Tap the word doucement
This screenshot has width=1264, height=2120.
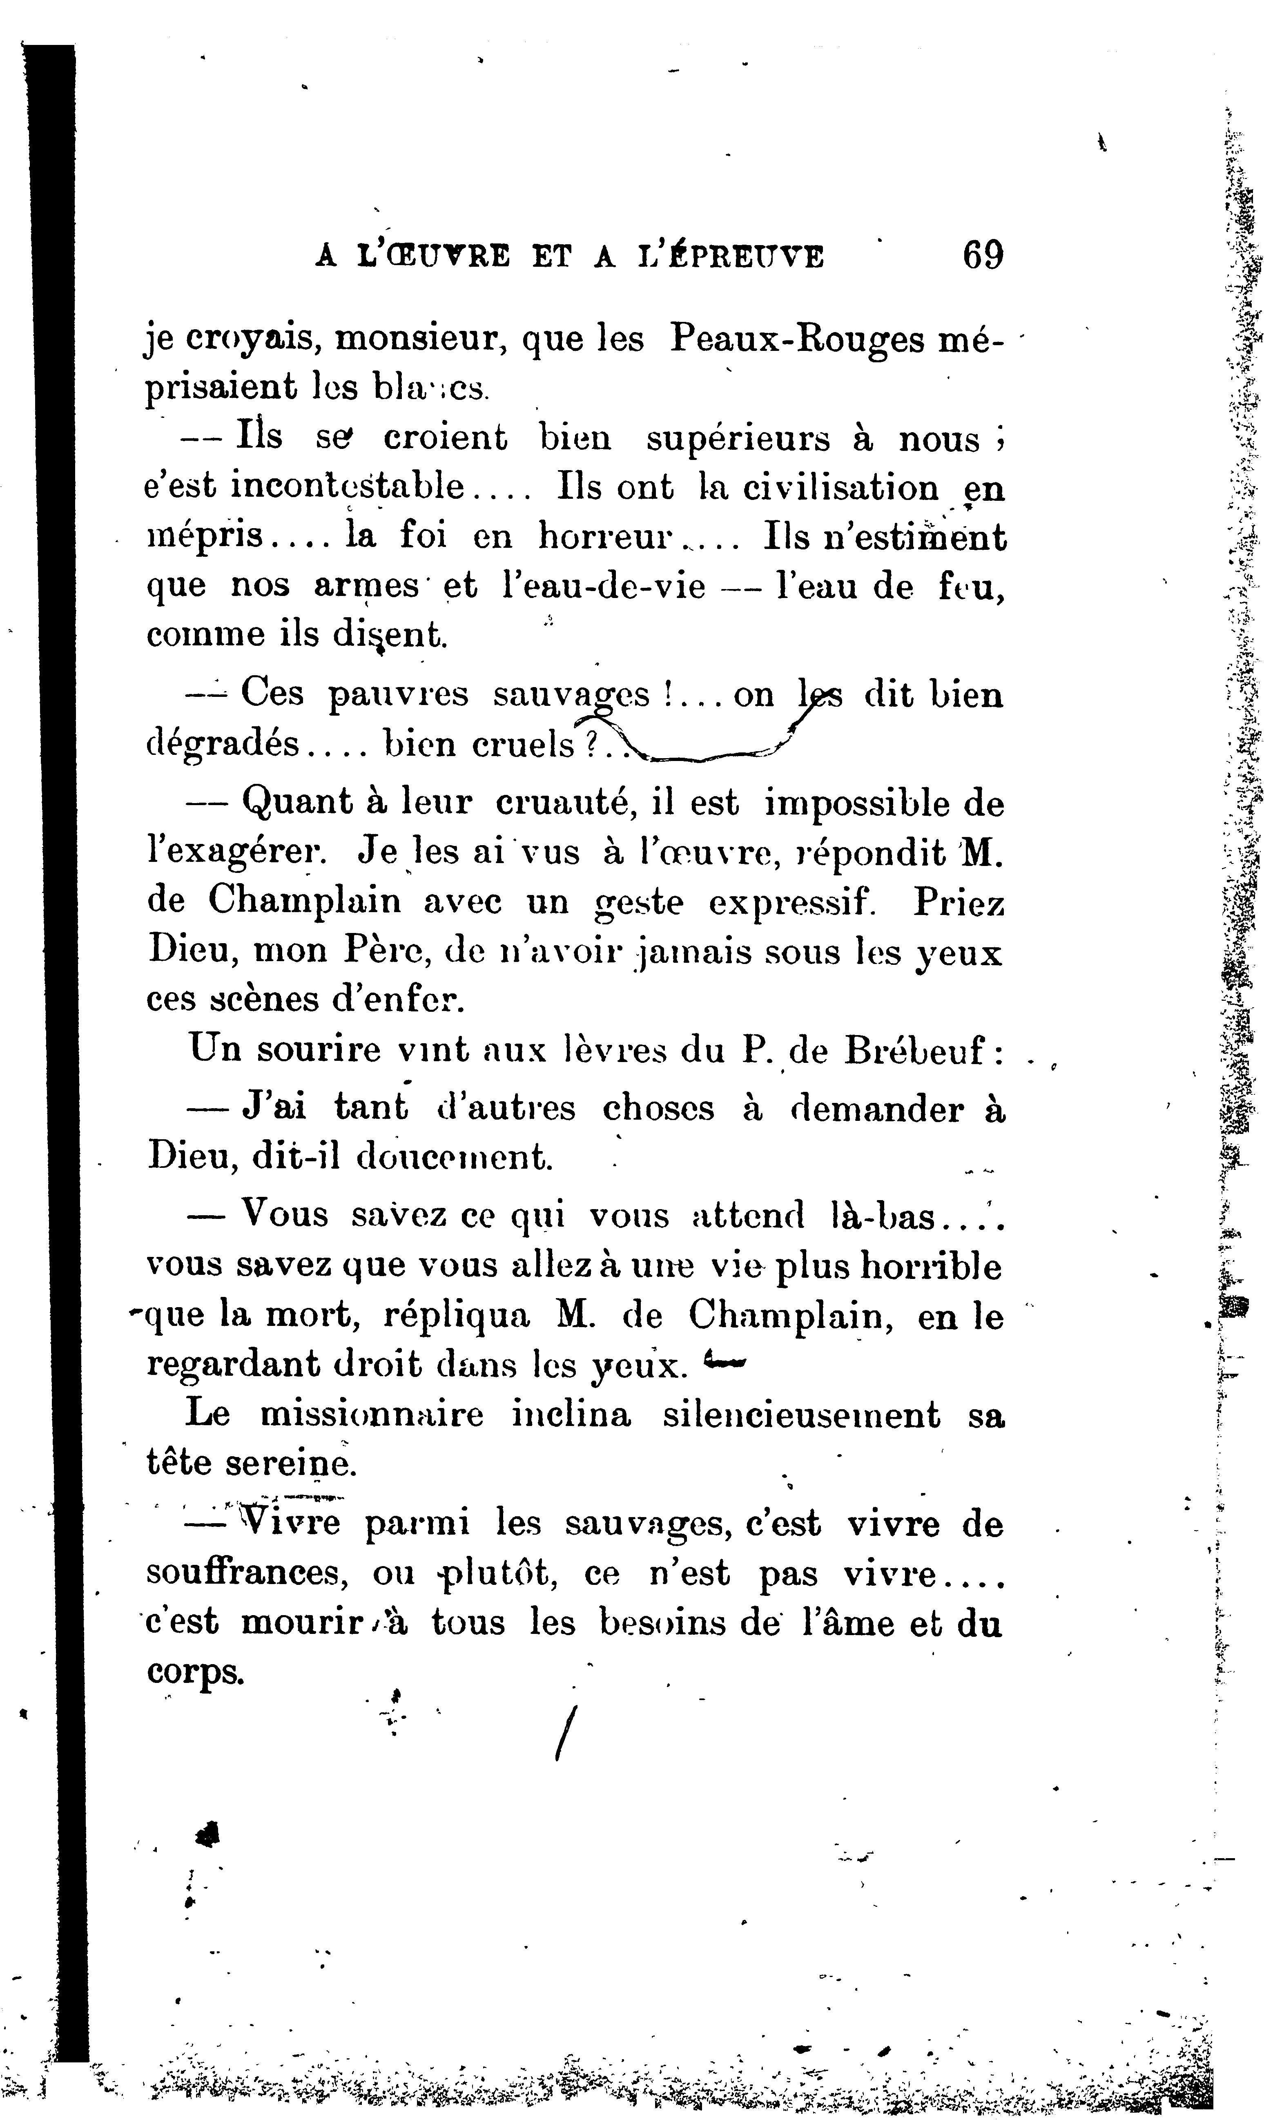click(x=454, y=1157)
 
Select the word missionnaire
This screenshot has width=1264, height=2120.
click(x=371, y=1414)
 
